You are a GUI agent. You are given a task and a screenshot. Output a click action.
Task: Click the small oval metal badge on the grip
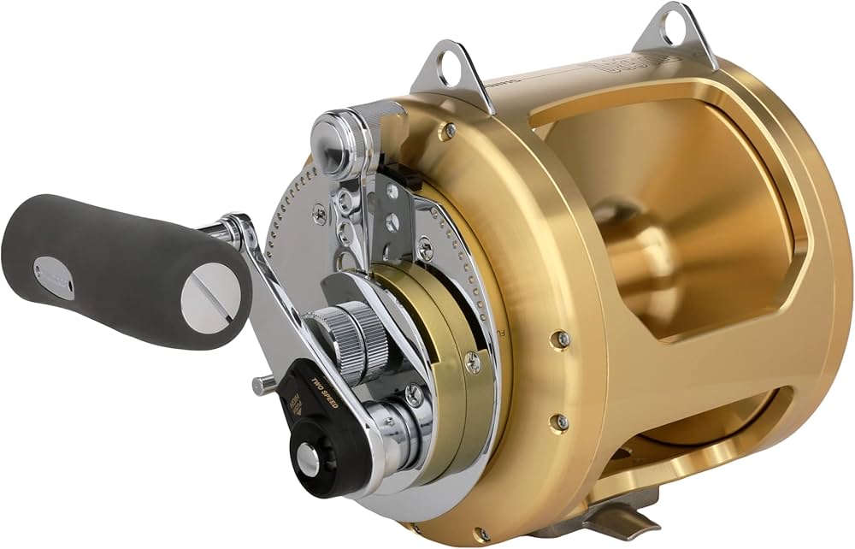[x=54, y=278]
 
